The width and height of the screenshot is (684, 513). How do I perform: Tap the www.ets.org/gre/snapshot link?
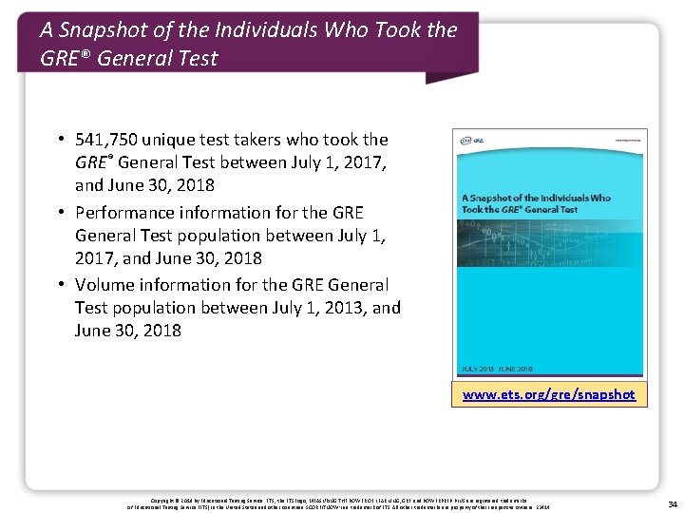[x=549, y=394]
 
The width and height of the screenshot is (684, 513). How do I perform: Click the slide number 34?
[x=673, y=503]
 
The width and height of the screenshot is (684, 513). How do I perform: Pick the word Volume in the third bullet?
[x=105, y=285]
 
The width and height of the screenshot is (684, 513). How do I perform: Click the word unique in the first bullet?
[x=177, y=140]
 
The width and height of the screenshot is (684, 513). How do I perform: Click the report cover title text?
[x=535, y=203]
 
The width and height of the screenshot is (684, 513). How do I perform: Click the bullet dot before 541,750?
[x=60, y=140]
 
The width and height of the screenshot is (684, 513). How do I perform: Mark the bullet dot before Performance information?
[x=60, y=213]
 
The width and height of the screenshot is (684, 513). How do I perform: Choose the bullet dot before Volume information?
[x=60, y=285]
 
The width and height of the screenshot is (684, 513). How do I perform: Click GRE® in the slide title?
[x=65, y=59]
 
